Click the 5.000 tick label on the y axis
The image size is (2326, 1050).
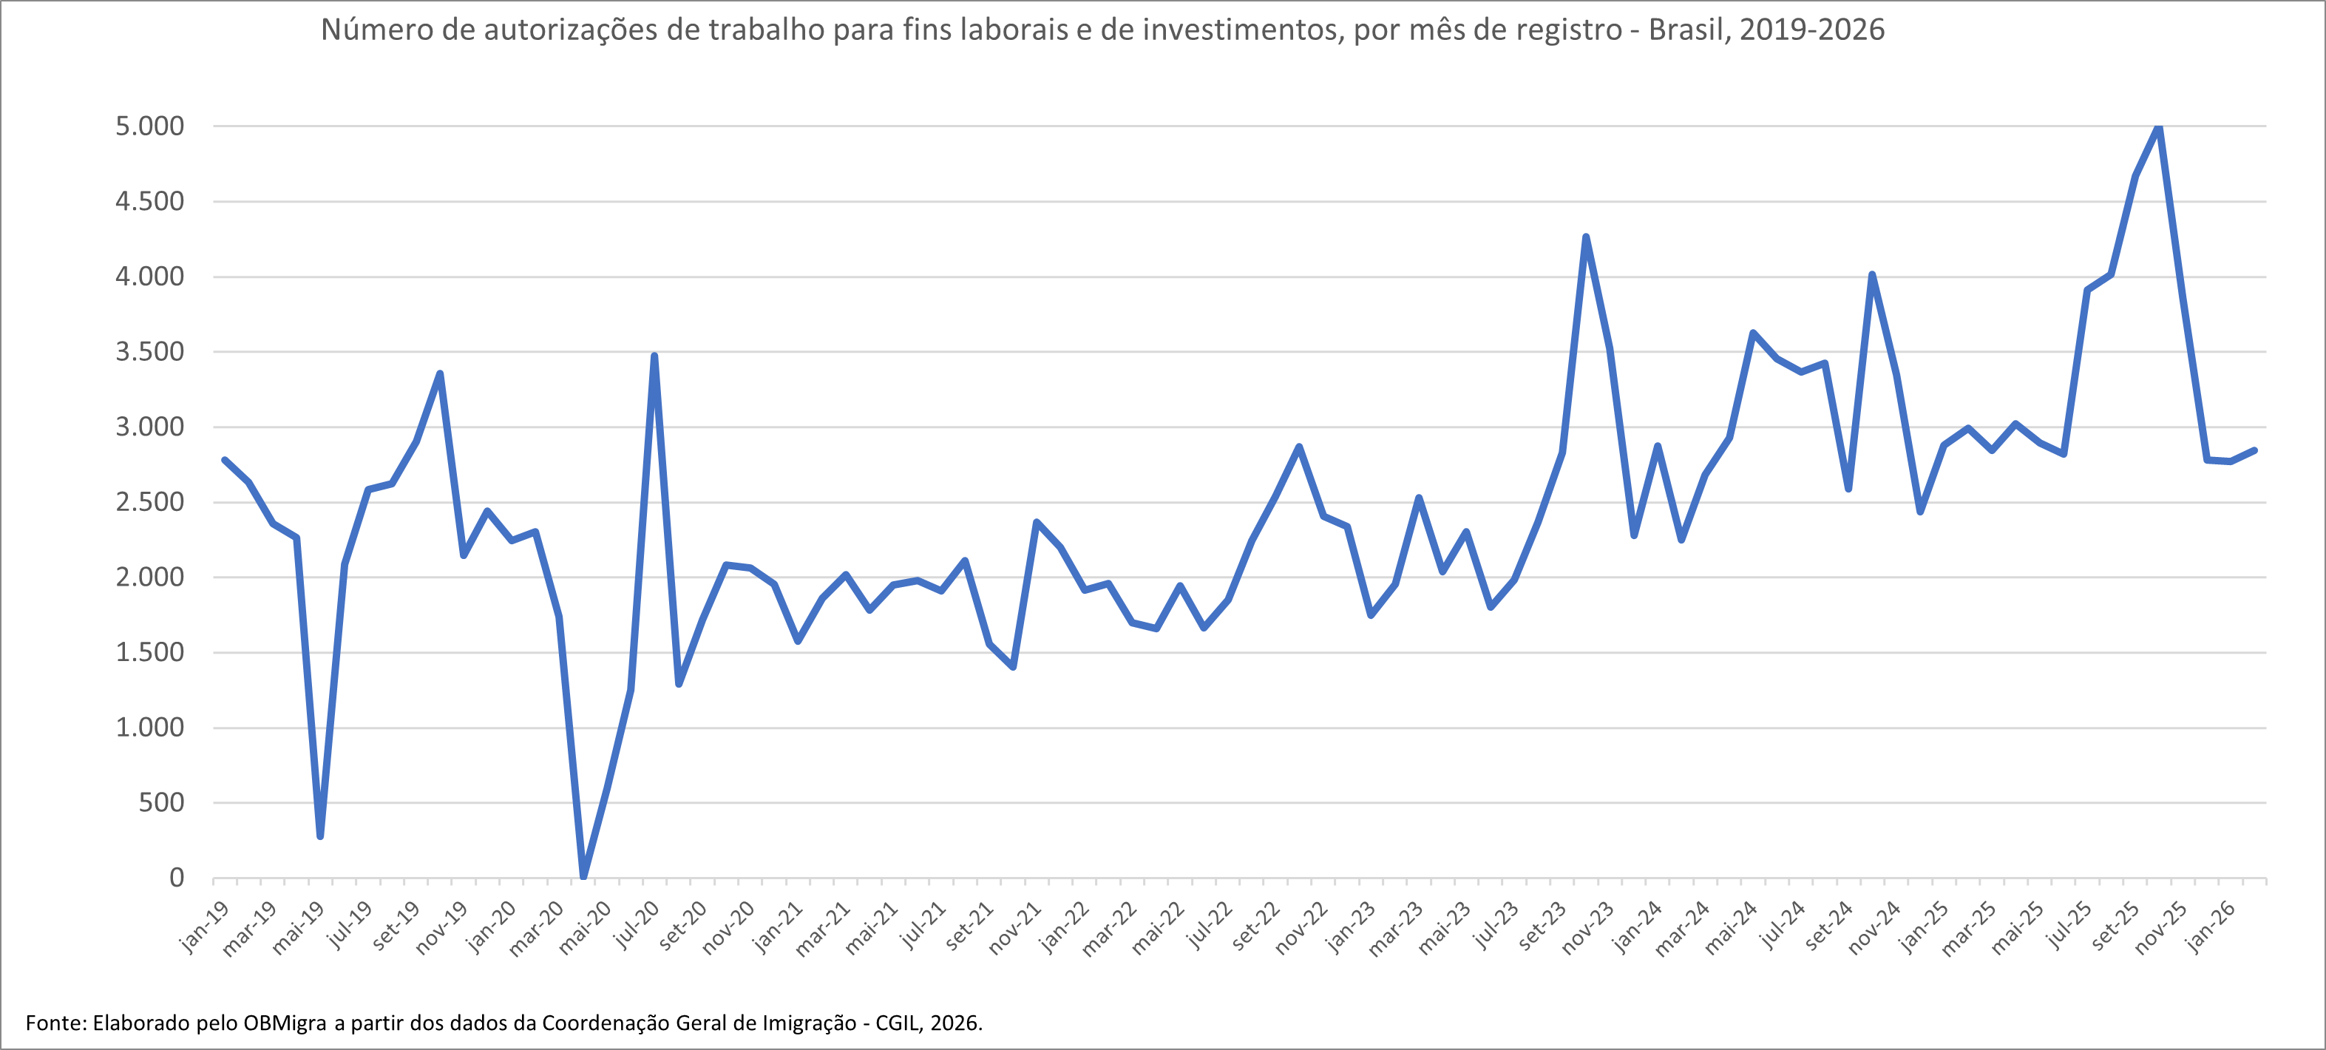149,126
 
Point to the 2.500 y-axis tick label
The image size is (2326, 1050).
149,502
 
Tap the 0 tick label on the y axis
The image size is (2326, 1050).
176,878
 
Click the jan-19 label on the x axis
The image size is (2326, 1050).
204,927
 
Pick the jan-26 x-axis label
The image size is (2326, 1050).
2211,927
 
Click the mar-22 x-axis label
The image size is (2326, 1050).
1110,928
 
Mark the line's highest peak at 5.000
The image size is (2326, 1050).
2159,126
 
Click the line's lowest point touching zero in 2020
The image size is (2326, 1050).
583,875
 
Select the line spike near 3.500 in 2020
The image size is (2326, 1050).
654,356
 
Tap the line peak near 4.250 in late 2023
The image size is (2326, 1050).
1586,237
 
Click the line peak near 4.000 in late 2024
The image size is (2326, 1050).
1872,274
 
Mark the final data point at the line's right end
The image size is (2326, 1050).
2255,450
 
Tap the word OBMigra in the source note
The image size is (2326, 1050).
285,1023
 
